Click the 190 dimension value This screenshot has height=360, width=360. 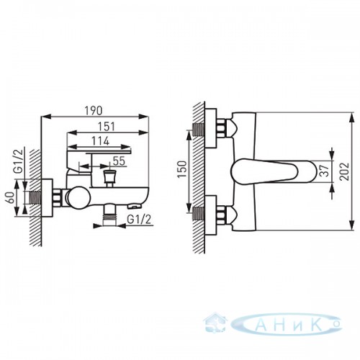[x=94, y=110]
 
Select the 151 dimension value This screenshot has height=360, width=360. [x=107, y=127]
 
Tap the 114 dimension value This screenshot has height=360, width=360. [x=101, y=141]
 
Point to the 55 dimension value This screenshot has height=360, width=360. [x=120, y=161]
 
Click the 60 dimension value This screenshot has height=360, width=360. [x=11, y=197]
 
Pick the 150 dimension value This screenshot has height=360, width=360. [x=182, y=169]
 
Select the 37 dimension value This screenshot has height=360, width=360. [x=325, y=171]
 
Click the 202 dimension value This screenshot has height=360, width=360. [x=344, y=171]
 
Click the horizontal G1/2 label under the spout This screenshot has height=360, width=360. [x=139, y=220]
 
